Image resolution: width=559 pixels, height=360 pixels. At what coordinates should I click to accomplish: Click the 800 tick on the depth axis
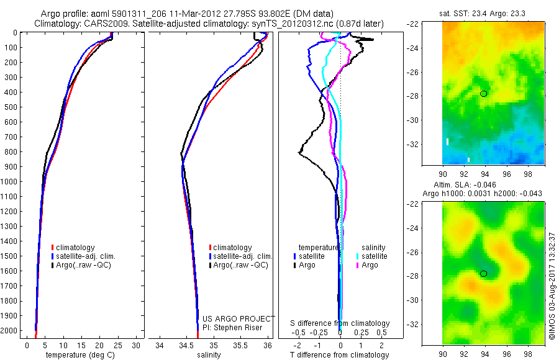[11, 151]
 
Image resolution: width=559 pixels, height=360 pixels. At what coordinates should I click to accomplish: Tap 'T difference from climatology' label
[339, 355]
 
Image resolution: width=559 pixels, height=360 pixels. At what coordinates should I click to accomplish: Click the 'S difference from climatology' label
[340, 323]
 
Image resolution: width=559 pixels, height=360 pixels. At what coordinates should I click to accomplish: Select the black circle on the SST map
[484, 94]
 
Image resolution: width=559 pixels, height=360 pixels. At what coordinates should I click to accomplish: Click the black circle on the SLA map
[484, 274]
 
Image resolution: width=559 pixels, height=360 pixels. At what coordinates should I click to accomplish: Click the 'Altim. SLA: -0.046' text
[483, 185]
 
